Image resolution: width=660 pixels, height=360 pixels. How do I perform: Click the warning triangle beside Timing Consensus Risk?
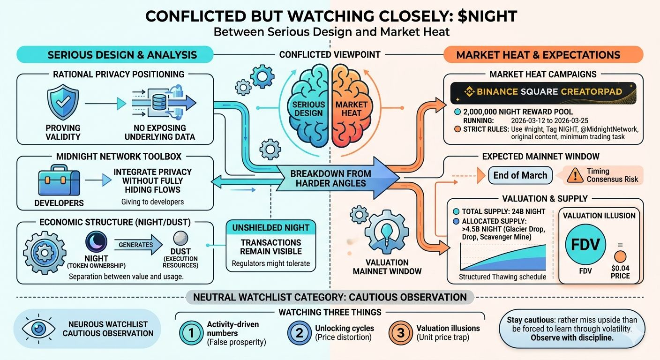571,175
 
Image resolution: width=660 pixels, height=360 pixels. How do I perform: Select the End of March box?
520,175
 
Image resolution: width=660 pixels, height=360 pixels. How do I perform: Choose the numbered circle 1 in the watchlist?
191,333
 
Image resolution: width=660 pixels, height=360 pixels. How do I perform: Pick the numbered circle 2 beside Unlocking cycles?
299,333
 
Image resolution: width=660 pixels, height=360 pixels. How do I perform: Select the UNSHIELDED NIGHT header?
270,228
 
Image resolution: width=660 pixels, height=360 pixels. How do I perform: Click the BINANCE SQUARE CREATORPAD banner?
543,92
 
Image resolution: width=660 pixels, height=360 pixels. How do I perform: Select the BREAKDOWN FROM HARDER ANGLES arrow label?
331,178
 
